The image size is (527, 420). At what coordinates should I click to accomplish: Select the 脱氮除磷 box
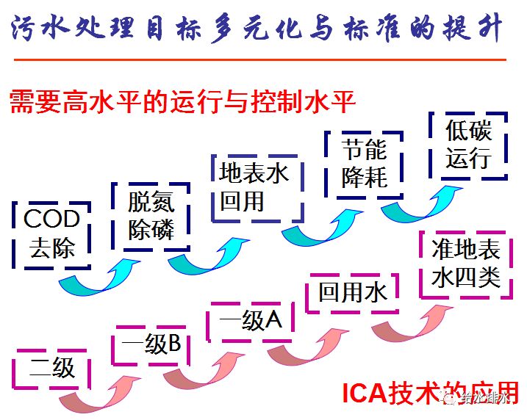point(151,216)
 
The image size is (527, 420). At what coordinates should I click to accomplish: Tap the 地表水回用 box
point(254,187)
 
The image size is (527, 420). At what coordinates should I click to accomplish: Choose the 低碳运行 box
point(467,145)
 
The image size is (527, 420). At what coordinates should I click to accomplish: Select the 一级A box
point(251,321)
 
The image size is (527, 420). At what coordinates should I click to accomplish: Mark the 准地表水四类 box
point(466,264)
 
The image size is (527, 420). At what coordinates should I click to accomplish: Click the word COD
point(51,219)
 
